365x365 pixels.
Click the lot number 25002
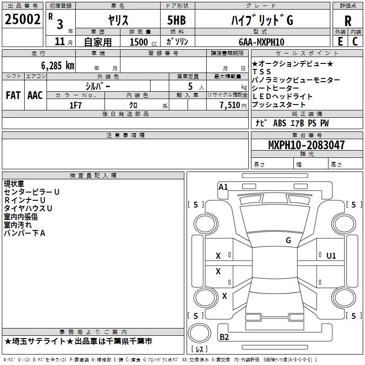click(x=23, y=20)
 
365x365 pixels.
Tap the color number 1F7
click(x=75, y=105)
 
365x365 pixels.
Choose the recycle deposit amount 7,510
click(x=228, y=105)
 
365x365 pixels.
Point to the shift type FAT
click(x=13, y=95)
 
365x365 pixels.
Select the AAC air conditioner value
click(x=35, y=95)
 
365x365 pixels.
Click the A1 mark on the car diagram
click(x=223, y=187)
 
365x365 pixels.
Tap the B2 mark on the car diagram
click(x=224, y=337)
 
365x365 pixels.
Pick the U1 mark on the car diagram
click(x=331, y=255)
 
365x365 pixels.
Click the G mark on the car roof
click(x=288, y=240)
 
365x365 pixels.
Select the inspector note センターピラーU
click(x=31, y=192)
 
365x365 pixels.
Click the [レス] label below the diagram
click(x=199, y=349)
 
